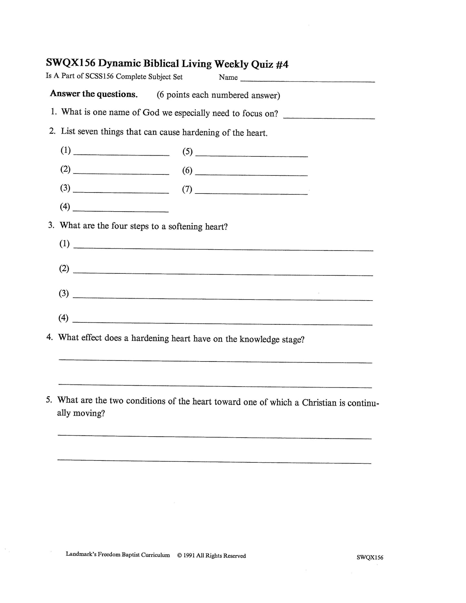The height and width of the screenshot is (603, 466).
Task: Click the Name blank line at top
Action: click(x=308, y=80)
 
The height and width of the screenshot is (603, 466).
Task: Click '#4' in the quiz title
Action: click(x=282, y=65)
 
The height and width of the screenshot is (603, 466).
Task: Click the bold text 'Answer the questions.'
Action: click(x=94, y=94)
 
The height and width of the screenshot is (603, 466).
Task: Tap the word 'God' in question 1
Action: click(x=151, y=113)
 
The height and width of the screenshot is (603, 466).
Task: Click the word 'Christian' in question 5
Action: click(x=319, y=403)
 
